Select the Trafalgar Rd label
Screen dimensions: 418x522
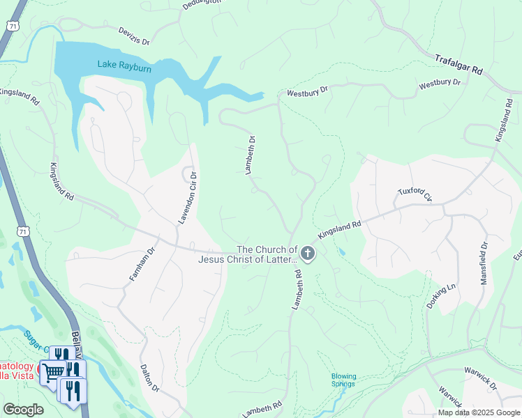pos(458,65)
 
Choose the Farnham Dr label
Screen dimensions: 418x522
pos(140,263)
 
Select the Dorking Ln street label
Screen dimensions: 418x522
pos(442,296)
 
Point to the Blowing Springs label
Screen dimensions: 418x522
pos(343,380)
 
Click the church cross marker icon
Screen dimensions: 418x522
pos(308,254)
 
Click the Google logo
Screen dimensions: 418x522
pos(23,409)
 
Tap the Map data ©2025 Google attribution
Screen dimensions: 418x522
pos(478,412)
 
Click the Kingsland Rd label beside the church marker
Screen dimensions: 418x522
pos(339,231)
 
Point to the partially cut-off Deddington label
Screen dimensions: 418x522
pos(202,3)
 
